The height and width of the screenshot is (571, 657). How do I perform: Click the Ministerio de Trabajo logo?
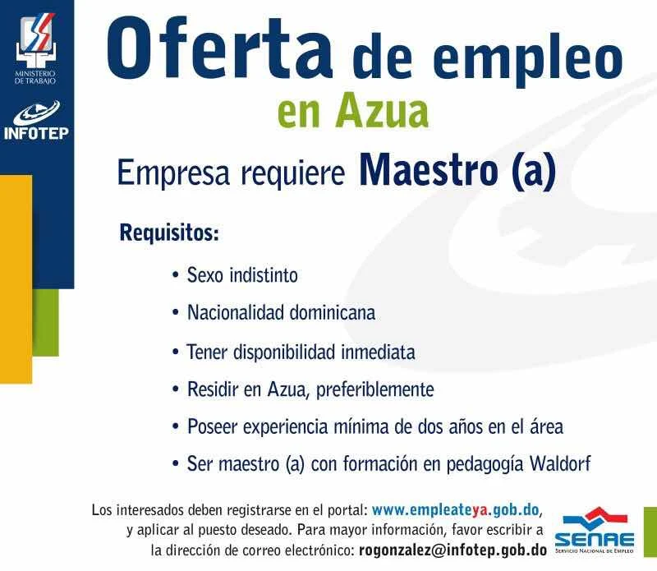(35, 48)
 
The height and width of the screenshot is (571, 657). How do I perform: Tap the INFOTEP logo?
(36, 120)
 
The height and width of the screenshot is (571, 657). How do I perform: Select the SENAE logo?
(594, 531)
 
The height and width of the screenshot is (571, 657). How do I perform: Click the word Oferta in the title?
(219, 49)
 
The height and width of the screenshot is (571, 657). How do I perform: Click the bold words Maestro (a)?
(457, 170)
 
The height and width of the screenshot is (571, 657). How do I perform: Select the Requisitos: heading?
(169, 233)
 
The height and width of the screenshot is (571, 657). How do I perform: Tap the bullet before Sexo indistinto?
(176, 275)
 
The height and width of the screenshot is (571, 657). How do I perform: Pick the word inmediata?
(378, 352)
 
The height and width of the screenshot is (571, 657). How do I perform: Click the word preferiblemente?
(375, 390)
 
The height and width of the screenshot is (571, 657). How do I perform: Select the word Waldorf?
(560, 463)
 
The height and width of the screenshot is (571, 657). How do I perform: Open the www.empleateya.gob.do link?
(455, 509)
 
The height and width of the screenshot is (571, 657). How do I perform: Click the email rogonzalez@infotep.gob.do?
(453, 550)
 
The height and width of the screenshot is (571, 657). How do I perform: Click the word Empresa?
(173, 173)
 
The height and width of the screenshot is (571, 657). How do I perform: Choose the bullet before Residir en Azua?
(176, 389)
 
